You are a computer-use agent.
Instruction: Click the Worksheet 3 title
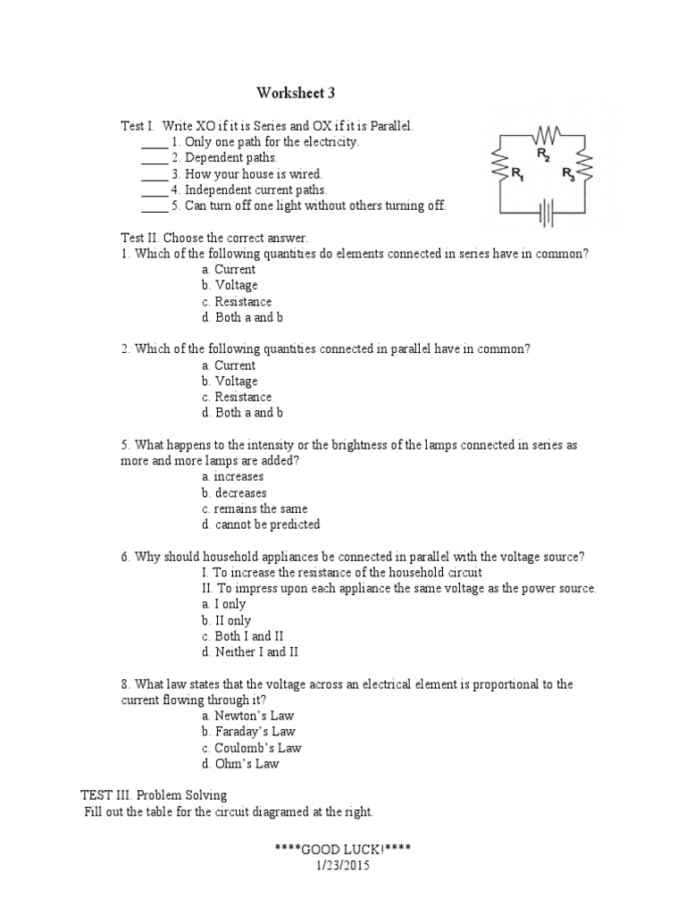297,93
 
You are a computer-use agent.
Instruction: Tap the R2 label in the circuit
542,155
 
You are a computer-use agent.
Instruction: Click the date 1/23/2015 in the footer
343,865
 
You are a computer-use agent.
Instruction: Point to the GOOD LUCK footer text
343,849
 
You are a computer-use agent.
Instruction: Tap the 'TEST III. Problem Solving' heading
154,795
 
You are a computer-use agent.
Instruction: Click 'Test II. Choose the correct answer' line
214,238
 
